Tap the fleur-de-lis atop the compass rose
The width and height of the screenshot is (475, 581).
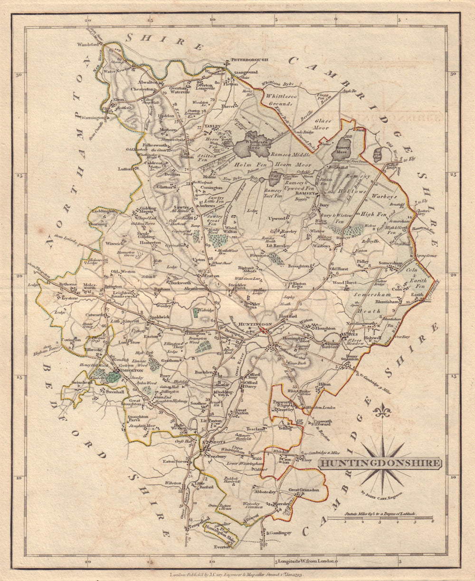tap(381, 410)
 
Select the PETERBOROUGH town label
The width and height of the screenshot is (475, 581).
tap(250, 60)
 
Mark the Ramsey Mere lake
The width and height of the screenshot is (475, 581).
tap(343, 148)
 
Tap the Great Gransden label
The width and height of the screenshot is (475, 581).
tap(307, 490)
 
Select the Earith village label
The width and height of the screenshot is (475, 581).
tap(417, 295)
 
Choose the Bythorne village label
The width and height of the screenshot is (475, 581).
tap(67, 284)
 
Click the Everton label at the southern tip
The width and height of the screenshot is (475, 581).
tap(221, 547)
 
